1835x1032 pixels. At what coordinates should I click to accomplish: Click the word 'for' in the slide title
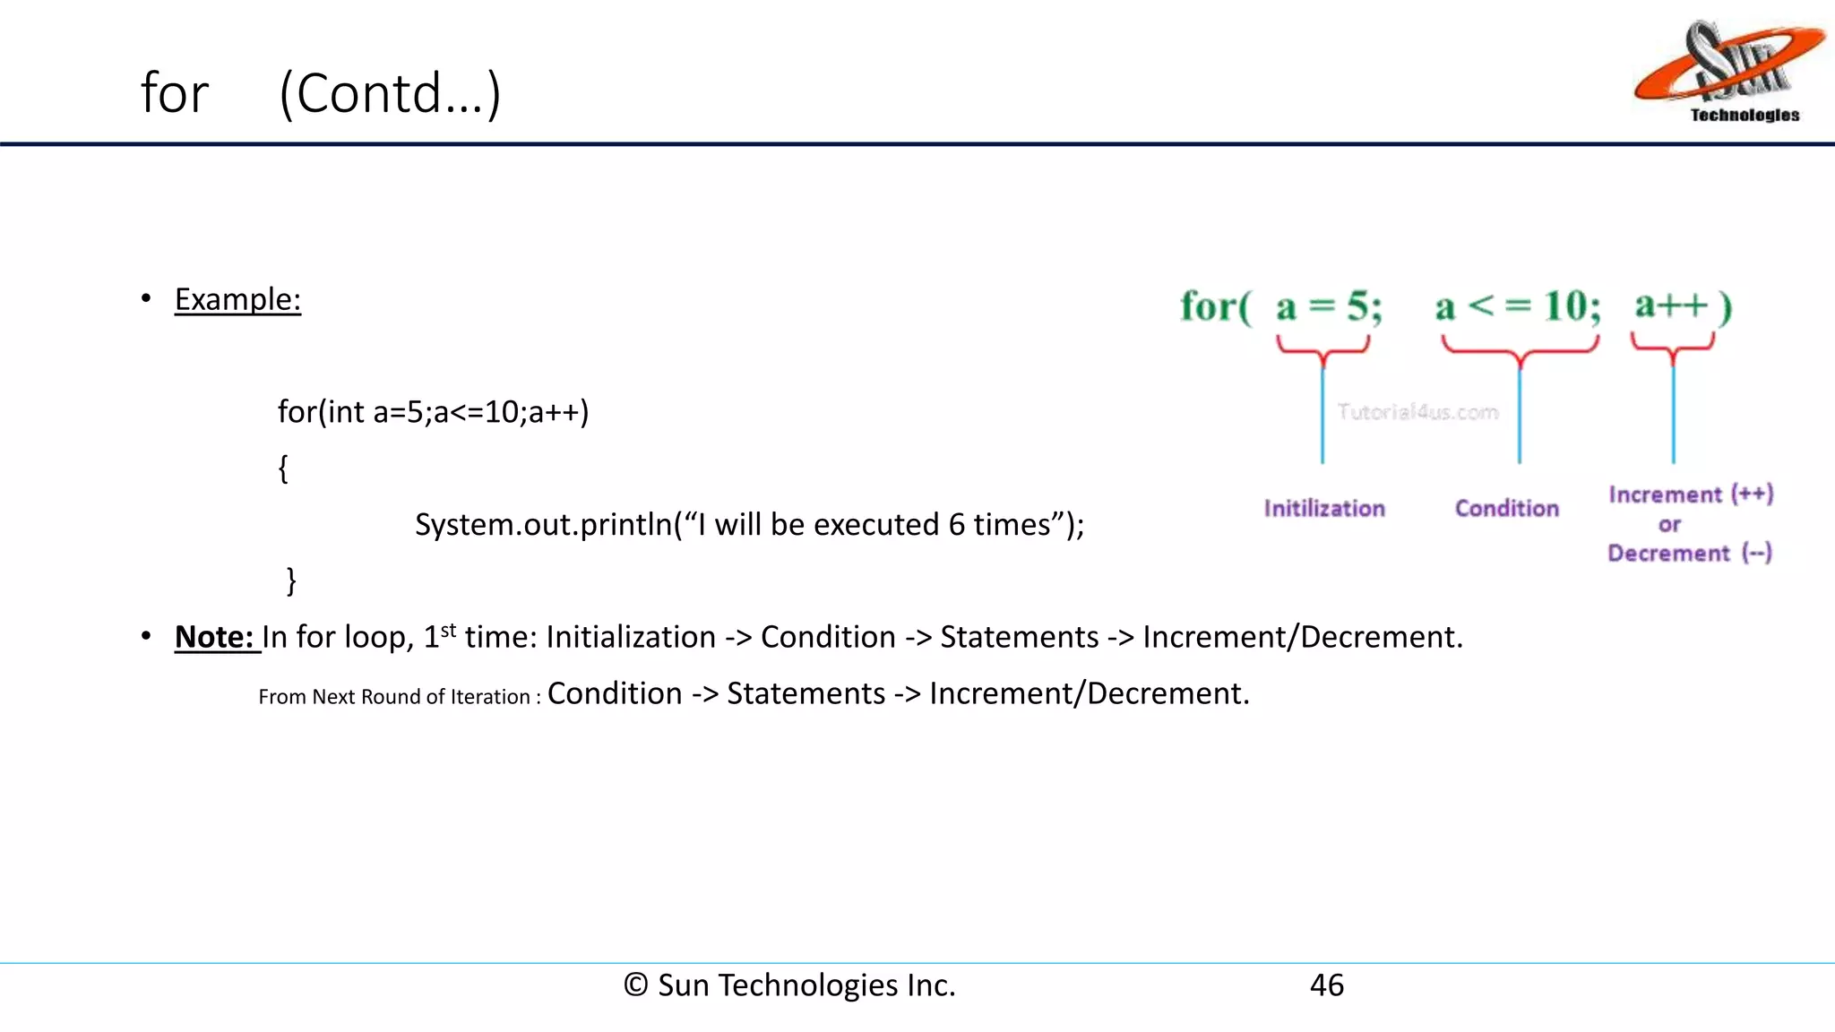click(x=175, y=93)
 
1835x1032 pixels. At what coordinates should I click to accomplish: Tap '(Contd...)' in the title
click(x=390, y=93)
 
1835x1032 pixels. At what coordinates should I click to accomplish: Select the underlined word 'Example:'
click(x=237, y=299)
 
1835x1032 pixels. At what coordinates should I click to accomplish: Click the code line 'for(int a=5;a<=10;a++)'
click(x=433, y=412)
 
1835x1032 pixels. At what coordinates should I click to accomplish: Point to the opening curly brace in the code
click(x=283, y=468)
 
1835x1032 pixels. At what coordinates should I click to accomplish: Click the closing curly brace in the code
click(x=291, y=580)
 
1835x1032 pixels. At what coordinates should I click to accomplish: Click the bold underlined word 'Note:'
click(x=214, y=637)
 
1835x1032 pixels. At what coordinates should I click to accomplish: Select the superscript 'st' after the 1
click(x=449, y=629)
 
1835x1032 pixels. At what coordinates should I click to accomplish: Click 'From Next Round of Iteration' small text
click(x=394, y=697)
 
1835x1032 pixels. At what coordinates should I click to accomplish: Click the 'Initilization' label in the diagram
click(x=1324, y=509)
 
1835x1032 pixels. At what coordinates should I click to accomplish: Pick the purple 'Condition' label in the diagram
click(x=1507, y=509)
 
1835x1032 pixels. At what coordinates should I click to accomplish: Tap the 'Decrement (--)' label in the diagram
click(x=1690, y=554)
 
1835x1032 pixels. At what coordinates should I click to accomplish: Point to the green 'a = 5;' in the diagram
click(x=1330, y=307)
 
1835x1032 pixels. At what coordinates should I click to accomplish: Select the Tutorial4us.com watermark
click(x=1417, y=412)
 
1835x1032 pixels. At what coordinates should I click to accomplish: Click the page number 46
click(x=1326, y=985)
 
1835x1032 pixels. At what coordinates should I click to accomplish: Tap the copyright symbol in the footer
click(x=635, y=985)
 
